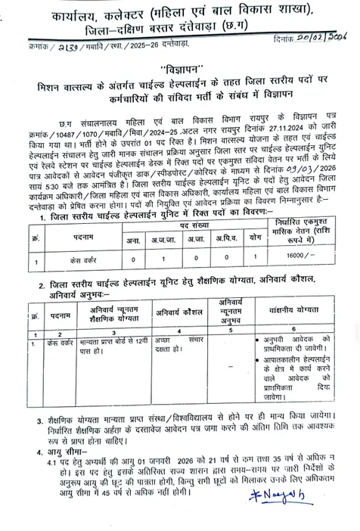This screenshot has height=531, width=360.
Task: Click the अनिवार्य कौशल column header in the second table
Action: pyautogui.click(x=178, y=312)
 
